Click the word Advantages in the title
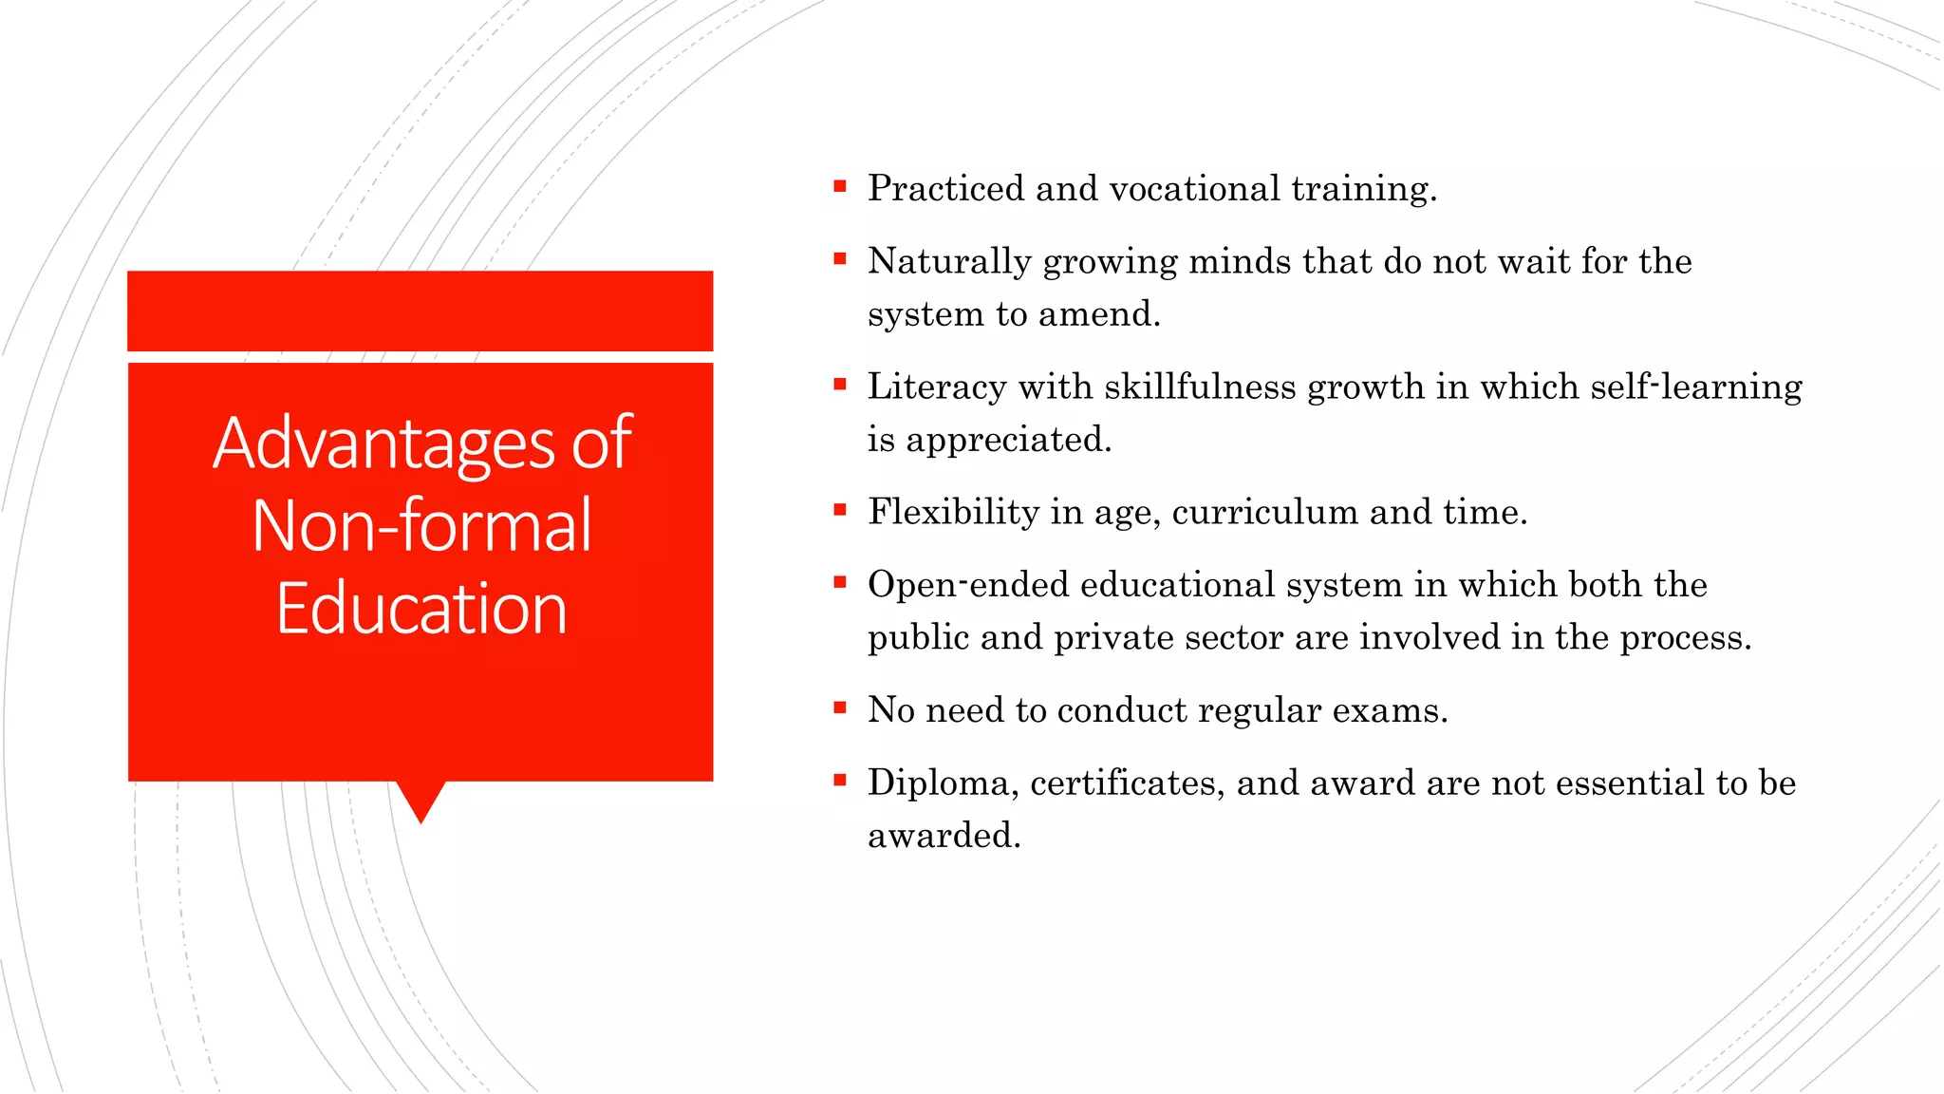tap(384, 444)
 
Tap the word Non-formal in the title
tap(421, 527)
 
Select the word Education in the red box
tap(421, 610)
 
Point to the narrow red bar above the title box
tap(420, 311)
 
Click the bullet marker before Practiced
tap(839, 186)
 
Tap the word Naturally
tap(948, 261)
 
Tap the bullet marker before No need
tap(839, 707)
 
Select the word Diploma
tap(943, 783)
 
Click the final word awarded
tap(943, 836)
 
